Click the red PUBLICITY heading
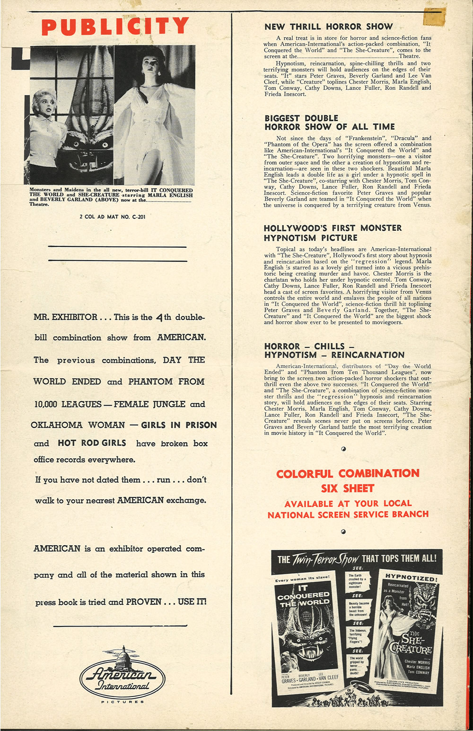pos(115,26)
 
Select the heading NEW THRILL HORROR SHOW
pos(328,27)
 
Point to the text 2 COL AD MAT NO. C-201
pos(113,217)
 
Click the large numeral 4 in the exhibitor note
pos(160,317)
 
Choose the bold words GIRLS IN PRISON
pos(179,425)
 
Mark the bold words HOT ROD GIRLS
pos(92,443)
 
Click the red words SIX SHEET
pos(348,488)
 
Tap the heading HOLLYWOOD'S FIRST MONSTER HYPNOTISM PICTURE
pos(333,233)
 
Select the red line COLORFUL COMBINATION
pos(348,473)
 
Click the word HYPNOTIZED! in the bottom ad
pos(411,577)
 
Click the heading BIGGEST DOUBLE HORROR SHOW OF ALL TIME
pos(330,122)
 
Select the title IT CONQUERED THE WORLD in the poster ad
pos(303,595)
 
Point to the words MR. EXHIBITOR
pos(65,317)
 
